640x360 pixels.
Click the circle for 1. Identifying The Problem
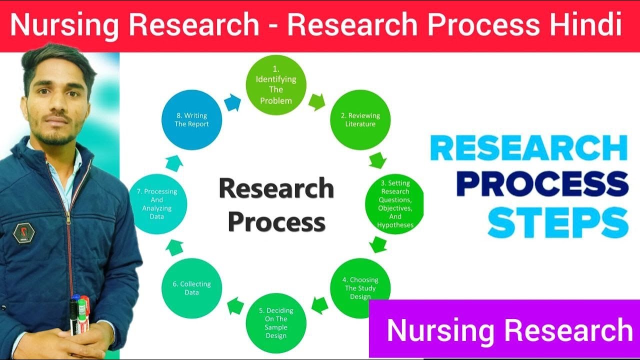pos(275,84)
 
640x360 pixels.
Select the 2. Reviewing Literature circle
pos(360,119)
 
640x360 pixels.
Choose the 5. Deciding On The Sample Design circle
pos(276,322)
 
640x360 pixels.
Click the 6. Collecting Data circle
pos(191,288)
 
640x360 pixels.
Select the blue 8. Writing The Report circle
pos(191,119)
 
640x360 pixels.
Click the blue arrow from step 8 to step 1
pos(232,103)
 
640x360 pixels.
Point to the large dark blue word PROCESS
pos(542,184)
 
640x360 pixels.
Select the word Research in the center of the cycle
pos(276,189)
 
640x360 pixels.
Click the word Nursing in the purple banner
pos(440,330)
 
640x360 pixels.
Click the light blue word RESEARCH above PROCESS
pos(528,148)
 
